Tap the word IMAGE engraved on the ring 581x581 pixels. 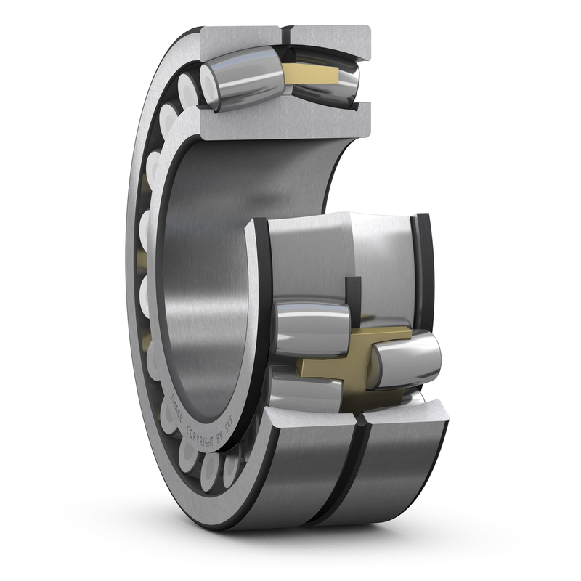pyautogui.click(x=177, y=407)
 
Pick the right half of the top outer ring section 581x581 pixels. pyautogui.click(x=330, y=40)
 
